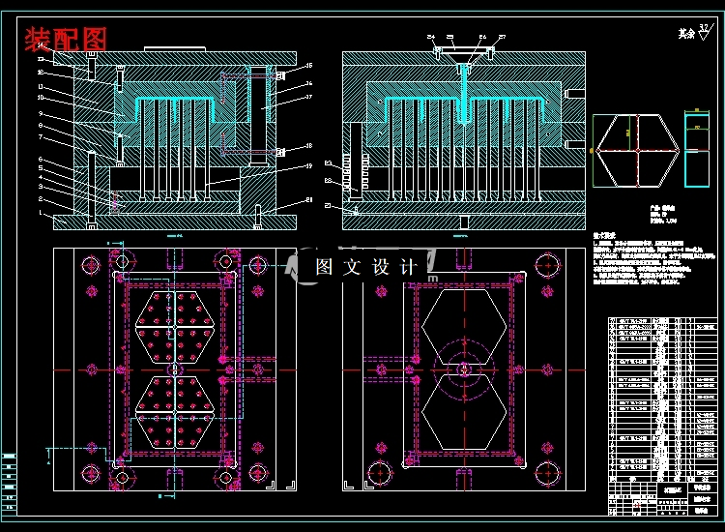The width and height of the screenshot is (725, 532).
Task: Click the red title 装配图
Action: tap(66, 40)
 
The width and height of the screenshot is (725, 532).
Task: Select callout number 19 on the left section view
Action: tap(308, 166)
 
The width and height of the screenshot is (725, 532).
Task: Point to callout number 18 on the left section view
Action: tap(308, 146)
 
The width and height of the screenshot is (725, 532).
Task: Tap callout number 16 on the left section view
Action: tap(308, 66)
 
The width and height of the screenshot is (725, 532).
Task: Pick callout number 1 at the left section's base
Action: tap(41, 213)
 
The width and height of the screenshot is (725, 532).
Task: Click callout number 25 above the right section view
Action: tap(450, 37)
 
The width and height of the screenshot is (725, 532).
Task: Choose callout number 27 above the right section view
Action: tap(502, 37)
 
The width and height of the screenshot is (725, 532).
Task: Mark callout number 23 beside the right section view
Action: tap(329, 205)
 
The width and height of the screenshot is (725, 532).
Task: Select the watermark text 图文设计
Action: tap(367, 267)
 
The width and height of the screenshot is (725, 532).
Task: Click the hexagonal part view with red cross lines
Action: tap(635, 151)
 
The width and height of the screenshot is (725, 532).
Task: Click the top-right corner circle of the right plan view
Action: tap(546, 263)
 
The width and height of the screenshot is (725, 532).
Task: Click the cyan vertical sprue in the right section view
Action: tap(464, 97)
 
